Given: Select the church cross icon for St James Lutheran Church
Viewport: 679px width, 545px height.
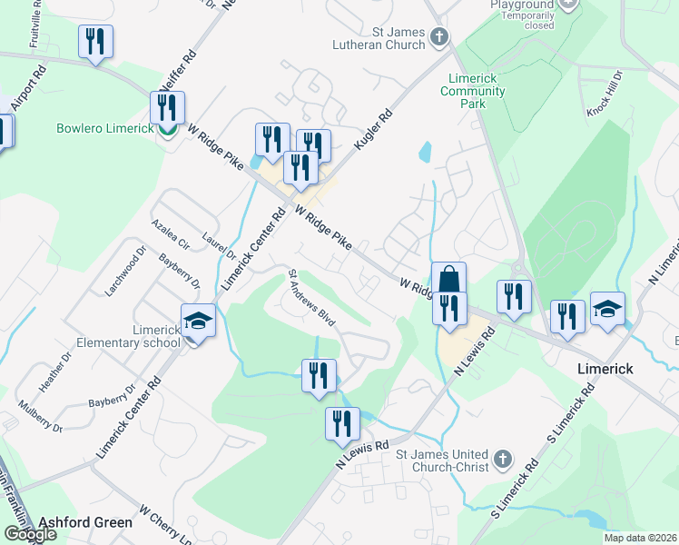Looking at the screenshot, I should (439, 37).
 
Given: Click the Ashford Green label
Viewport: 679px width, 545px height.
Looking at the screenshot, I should (85, 522).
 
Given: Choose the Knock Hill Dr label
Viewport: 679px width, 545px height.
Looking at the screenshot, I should (604, 93).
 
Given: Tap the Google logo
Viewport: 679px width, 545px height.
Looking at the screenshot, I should (30, 534).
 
